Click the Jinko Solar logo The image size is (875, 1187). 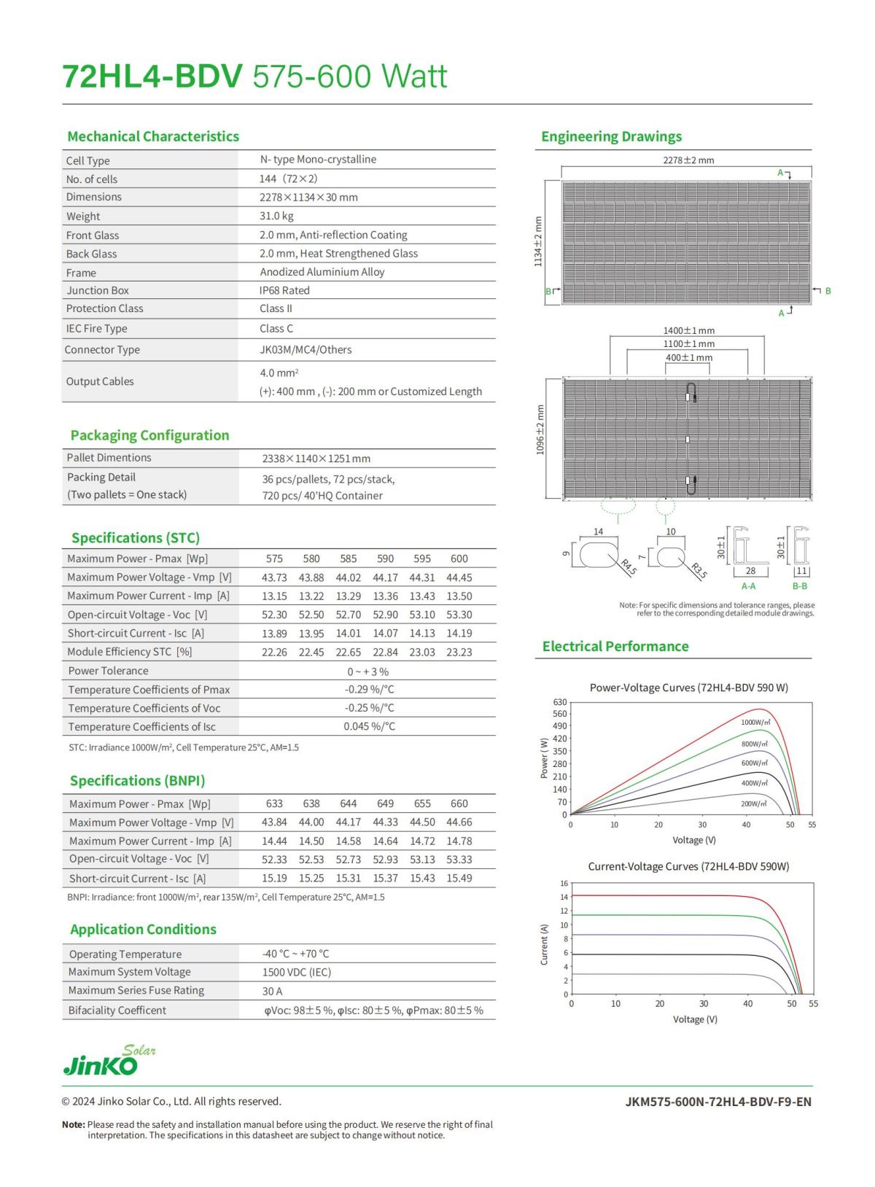(109, 1062)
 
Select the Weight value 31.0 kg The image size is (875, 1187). (276, 216)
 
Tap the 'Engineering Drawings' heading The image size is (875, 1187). (611, 136)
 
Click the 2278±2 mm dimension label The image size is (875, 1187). (688, 160)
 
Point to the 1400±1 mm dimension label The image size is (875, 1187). (688, 330)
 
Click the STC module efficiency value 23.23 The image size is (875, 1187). (459, 652)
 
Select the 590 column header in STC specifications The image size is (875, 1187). (385, 559)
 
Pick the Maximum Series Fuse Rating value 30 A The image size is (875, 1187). (272, 991)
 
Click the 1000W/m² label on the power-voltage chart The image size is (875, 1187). (755, 722)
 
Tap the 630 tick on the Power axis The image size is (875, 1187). (559, 702)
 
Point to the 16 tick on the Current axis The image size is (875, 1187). (564, 883)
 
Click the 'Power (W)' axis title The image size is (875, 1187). (544, 758)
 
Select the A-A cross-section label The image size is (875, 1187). (748, 586)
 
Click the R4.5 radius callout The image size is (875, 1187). (628, 567)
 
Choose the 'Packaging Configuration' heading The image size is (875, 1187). (149, 435)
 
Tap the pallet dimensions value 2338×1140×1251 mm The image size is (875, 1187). (316, 459)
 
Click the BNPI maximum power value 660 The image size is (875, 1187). (459, 803)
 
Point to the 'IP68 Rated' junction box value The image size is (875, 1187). (284, 290)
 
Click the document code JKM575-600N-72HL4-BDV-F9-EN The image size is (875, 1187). (717, 1101)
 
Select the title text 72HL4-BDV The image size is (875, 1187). (152, 77)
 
